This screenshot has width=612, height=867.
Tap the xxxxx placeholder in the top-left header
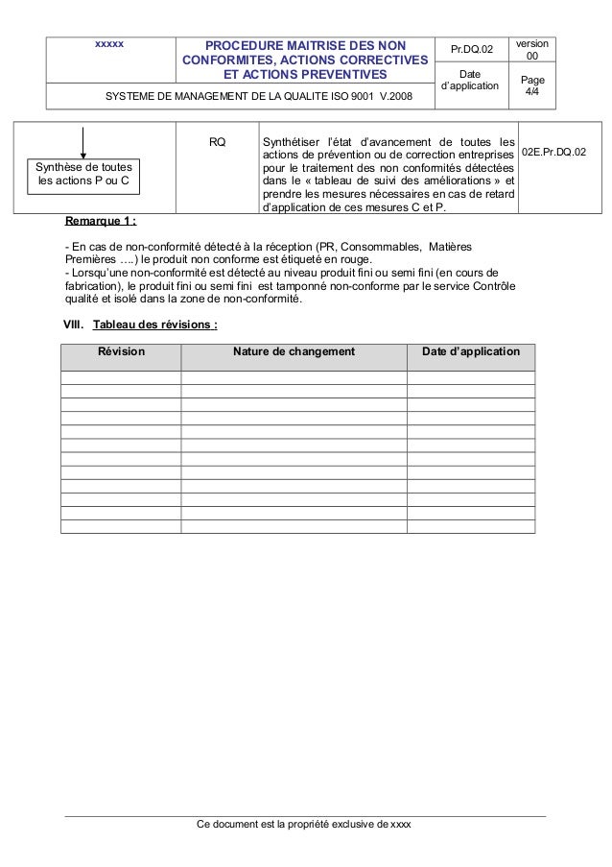[x=108, y=44]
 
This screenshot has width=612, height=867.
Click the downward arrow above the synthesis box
[x=83, y=141]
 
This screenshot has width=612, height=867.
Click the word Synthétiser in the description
[x=293, y=143]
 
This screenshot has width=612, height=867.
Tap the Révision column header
[x=121, y=352]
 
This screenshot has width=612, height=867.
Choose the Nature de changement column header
[x=294, y=352]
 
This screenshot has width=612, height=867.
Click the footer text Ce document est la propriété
[x=302, y=825]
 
